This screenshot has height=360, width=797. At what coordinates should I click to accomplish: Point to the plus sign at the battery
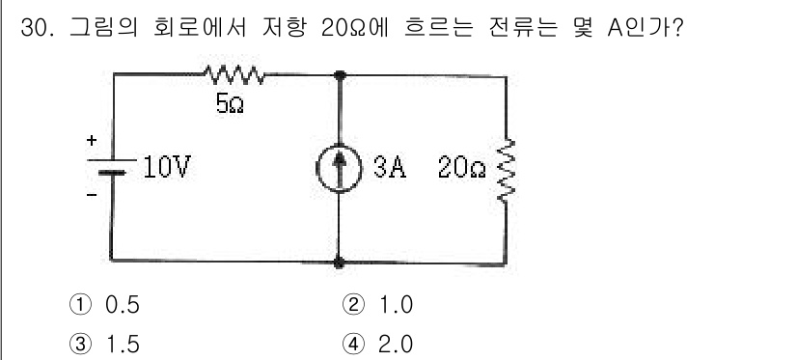[x=93, y=142]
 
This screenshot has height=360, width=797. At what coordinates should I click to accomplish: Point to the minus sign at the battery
[x=93, y=193]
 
